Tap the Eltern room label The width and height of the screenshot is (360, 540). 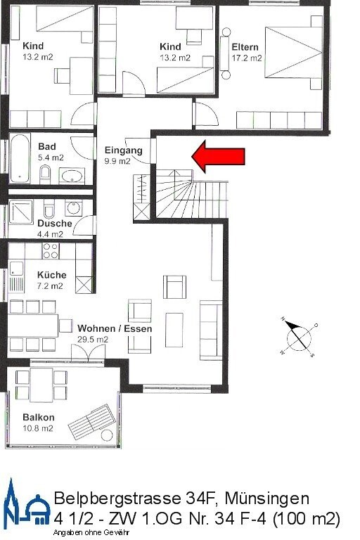coord(245,47)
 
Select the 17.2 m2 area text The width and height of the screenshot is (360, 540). coord(246,58)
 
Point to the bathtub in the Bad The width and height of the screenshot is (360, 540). coord(17,158)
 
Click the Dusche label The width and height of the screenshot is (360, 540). coord(55,224)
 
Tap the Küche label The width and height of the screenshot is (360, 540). coord(51,275)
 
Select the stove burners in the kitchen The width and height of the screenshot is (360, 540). coord(51,247)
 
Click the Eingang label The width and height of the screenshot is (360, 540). coord(123,150)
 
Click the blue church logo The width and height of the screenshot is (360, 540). coord(26,505)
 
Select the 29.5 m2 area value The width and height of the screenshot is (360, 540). coord(93,339)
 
